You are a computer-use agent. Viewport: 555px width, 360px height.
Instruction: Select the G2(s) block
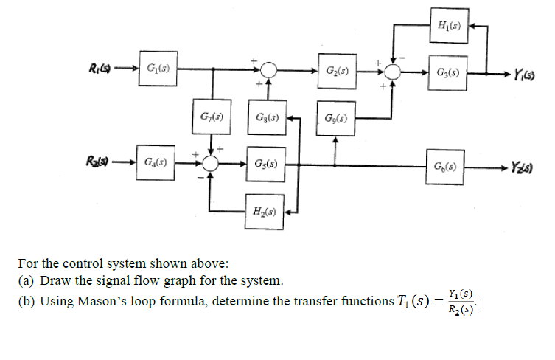coord(337,71)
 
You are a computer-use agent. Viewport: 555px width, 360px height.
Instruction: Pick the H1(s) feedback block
coord(447,27)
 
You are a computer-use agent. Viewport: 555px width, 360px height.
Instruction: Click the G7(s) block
coord(212,117)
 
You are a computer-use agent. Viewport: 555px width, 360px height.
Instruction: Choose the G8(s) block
coord(266,117)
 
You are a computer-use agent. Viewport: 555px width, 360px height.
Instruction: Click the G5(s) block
coord(266,162)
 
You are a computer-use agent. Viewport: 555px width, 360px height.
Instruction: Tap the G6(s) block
coord(447,162)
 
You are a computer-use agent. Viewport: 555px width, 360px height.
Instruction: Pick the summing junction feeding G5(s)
coord(212,162)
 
